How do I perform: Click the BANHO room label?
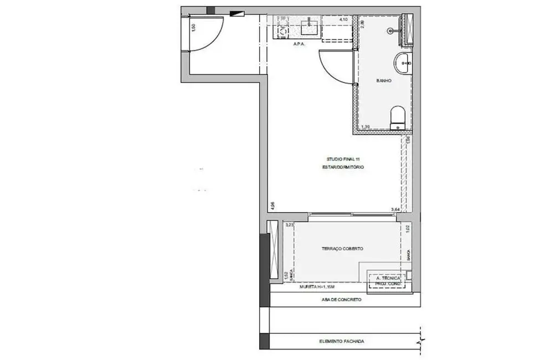(384, 81)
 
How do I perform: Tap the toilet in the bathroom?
(398, 118)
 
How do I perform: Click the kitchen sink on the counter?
(307, 25)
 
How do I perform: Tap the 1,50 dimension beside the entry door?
(193, 28)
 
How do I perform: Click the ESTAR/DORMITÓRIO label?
(343, 167)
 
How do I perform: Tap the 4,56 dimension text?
(272, 205)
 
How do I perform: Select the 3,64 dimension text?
(395, 209)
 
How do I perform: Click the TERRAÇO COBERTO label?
(342, 249)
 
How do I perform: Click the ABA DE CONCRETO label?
(341, 300)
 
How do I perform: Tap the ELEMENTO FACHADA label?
(342, 341)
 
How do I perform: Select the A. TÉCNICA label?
(388, 279)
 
